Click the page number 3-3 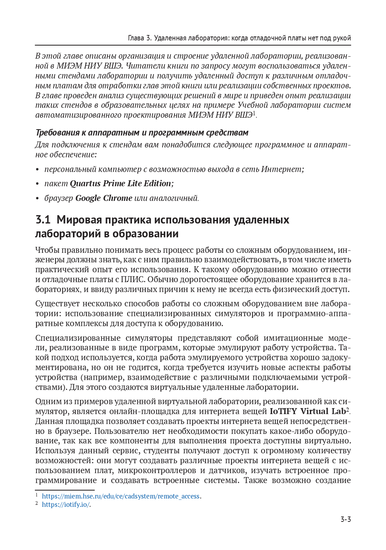(346, 519)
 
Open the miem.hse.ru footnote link (120, 496)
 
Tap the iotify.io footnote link (66, 504)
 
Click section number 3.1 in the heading (43, 220)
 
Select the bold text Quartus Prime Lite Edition (121, 183)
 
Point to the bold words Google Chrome (103, 198)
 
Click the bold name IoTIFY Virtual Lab (308, 411)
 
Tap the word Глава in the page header (136, 38)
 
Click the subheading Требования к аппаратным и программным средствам (142, 133)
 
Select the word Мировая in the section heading (80, 220)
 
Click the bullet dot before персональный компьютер (38, 170)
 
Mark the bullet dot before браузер (38, 199)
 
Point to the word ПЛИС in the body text (133, 279)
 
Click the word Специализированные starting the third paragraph (78, 338)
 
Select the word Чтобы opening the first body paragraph (47, 250)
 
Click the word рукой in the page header (342, 38)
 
